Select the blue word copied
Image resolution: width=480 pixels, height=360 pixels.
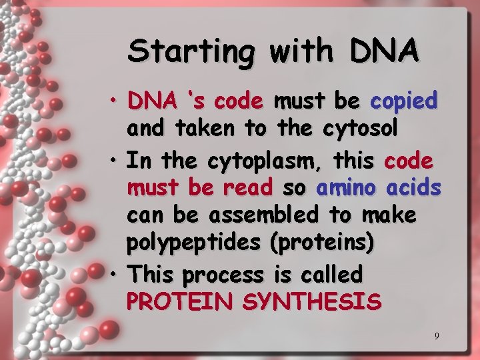pos(403,101)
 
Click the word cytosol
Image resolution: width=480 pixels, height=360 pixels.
pos(360,129)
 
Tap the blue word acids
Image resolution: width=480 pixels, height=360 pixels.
pos(414,189)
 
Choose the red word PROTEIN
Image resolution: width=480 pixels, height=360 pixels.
pos(180,302)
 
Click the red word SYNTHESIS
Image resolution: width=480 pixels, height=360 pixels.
pos(311,302)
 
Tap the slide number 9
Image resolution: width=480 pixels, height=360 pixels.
pos(437,336)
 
